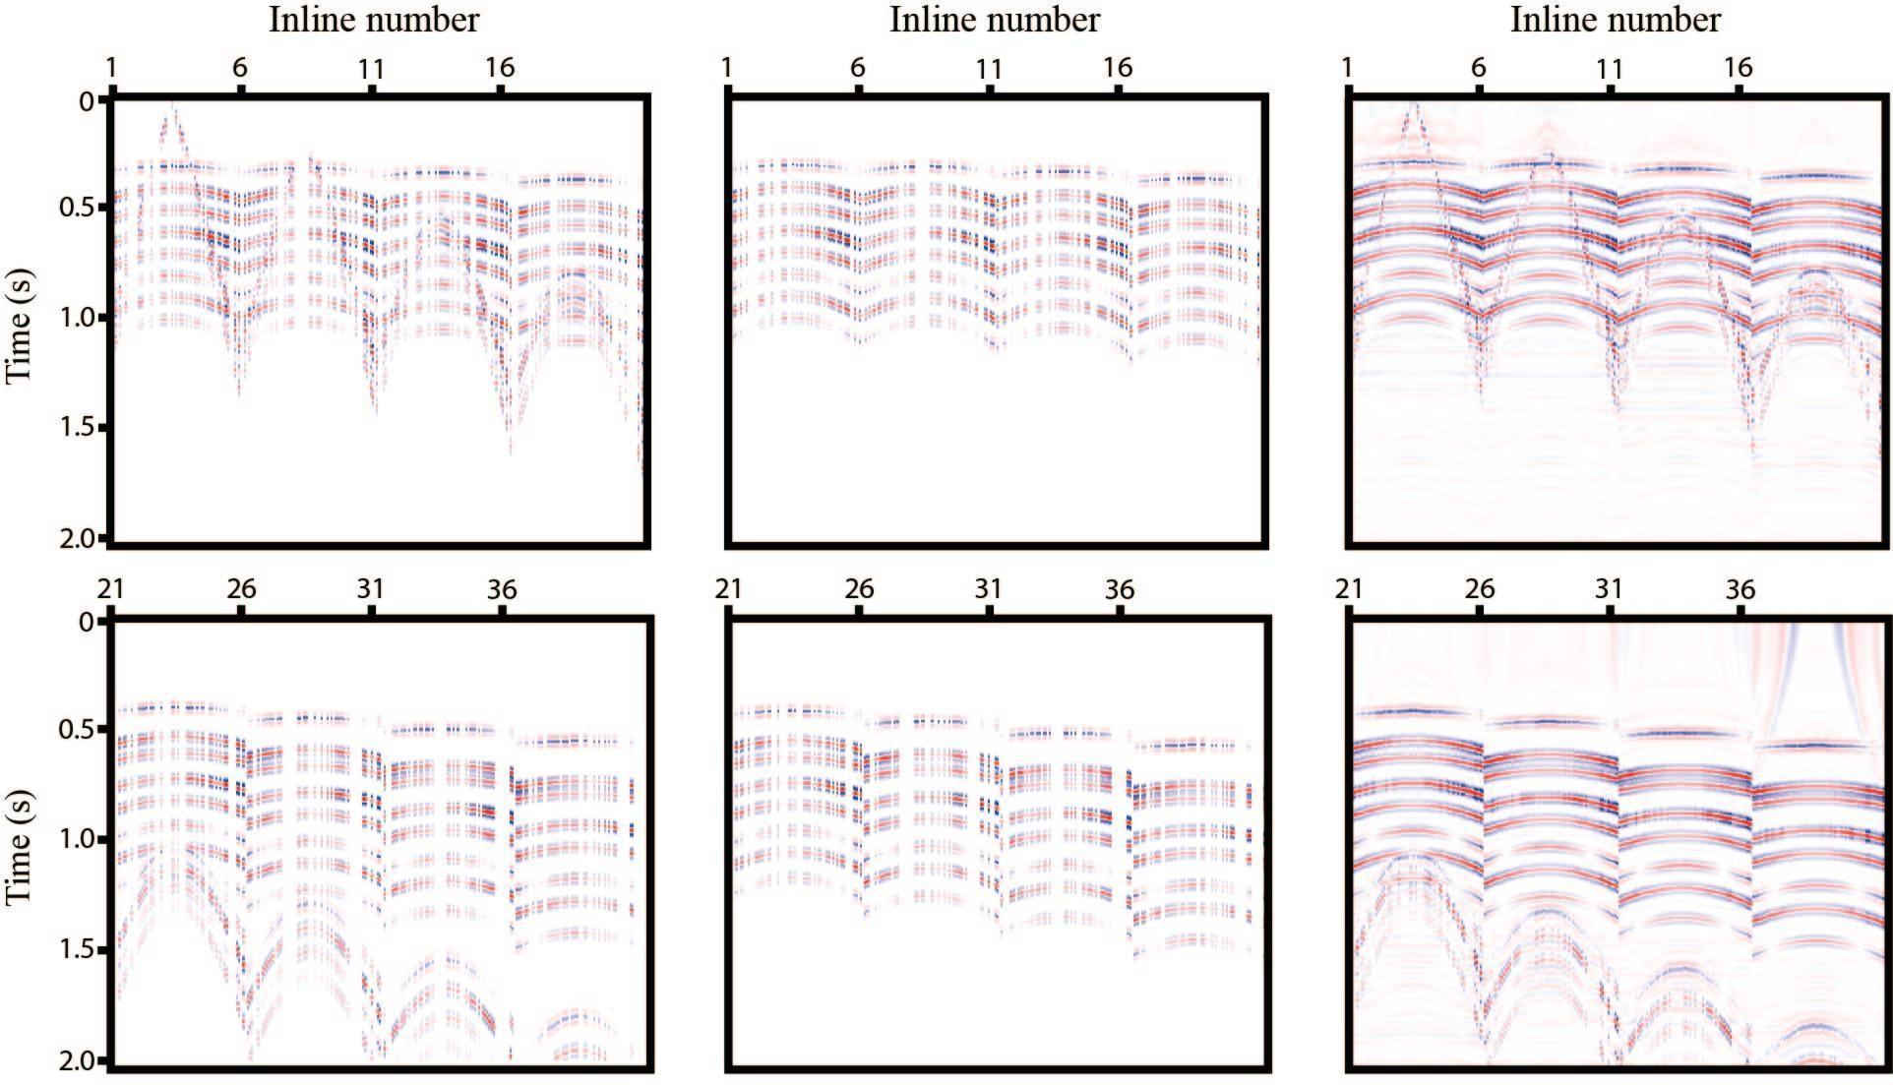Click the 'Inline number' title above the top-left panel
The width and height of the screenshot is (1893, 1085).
(x=375, y=20)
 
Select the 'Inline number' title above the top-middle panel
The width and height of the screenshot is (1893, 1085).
(x=995, y=20)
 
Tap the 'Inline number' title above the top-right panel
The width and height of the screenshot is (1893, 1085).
(x=1616, y=20)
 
